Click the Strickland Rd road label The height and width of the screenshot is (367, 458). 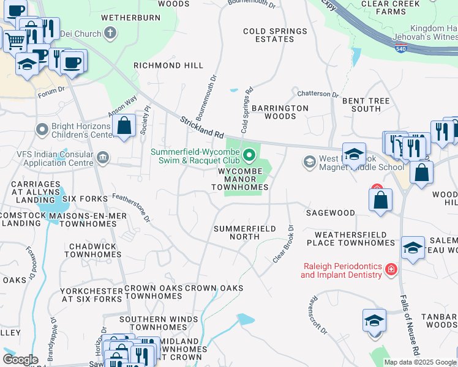pos(201,125)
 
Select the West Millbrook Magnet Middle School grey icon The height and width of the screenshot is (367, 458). pos(309,161)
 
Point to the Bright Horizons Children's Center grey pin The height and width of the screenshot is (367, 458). pos(42,130)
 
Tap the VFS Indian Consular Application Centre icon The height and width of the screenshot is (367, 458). pos(103,158)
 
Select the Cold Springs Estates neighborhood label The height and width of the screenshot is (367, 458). pos(275,35)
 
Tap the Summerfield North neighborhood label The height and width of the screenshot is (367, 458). pos(244,233)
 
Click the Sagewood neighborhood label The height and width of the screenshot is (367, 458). pos(331,213)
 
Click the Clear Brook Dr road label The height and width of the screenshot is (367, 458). pos(284,244)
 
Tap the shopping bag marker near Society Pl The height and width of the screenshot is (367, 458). pos(124,127)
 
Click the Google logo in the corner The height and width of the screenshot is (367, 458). pos(20,360)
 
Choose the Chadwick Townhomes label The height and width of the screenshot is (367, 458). pos(90,250)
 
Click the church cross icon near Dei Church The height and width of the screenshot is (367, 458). pos(110,32)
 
